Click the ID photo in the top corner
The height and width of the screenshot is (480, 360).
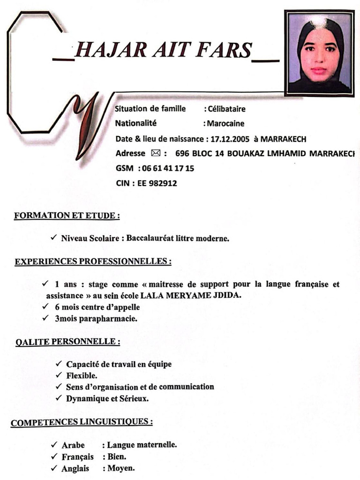[319, 53]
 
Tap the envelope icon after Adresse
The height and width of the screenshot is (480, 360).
[156, 153]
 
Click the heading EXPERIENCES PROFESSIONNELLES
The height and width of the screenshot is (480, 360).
[93, 261]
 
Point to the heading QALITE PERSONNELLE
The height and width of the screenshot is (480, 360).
[67, 342]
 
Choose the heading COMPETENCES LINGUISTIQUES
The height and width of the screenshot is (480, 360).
[82, 422]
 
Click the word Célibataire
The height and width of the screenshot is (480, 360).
[227, 109]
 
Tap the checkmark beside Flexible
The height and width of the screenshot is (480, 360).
[59, 375]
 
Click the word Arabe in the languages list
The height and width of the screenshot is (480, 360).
[73, 445]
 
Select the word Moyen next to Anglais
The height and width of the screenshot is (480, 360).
[121, 468]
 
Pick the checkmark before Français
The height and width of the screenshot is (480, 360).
[54, 457]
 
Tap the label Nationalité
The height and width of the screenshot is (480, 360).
[136, 124]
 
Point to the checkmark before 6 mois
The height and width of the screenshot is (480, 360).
[45, 307]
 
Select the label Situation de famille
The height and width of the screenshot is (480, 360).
[150, 109]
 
